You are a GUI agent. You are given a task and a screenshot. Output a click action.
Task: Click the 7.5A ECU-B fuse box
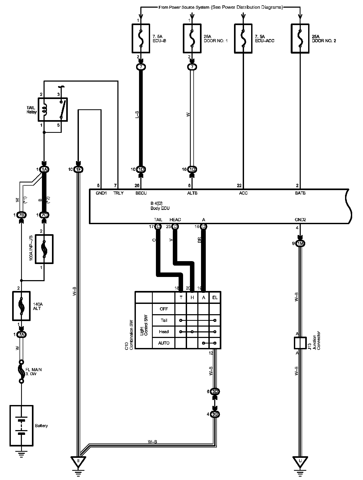point(141,38)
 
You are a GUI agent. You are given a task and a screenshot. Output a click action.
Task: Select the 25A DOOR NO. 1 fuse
point(192,38)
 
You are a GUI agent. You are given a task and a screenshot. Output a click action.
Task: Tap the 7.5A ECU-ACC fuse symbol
point(243,38)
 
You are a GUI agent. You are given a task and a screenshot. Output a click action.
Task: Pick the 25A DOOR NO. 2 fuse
point(300,38)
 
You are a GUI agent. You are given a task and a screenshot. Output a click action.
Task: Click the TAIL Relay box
point(53,110)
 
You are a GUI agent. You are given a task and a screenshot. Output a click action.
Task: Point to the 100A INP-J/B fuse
point(44,249)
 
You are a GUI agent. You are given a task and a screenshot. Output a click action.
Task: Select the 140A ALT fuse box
point(22,306)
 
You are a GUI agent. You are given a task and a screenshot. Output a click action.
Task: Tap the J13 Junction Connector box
point(300,343)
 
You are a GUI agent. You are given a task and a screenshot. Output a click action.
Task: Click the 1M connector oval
point(300,243)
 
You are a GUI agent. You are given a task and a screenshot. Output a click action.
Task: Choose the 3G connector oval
point(215,414)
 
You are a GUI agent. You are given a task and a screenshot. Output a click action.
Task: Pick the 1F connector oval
point(78,170)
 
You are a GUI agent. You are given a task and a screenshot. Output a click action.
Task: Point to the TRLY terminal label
point(118,193)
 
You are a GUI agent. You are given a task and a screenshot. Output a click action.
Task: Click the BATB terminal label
point(300,193)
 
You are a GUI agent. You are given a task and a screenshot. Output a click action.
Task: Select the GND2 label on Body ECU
point(300,220)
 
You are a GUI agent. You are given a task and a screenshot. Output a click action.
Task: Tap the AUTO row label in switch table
point(164,343)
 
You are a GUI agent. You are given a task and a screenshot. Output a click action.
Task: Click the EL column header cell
point(215,297)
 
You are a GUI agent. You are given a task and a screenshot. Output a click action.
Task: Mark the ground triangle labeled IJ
point(300,461)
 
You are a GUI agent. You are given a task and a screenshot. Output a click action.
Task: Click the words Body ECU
point(160,208)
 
